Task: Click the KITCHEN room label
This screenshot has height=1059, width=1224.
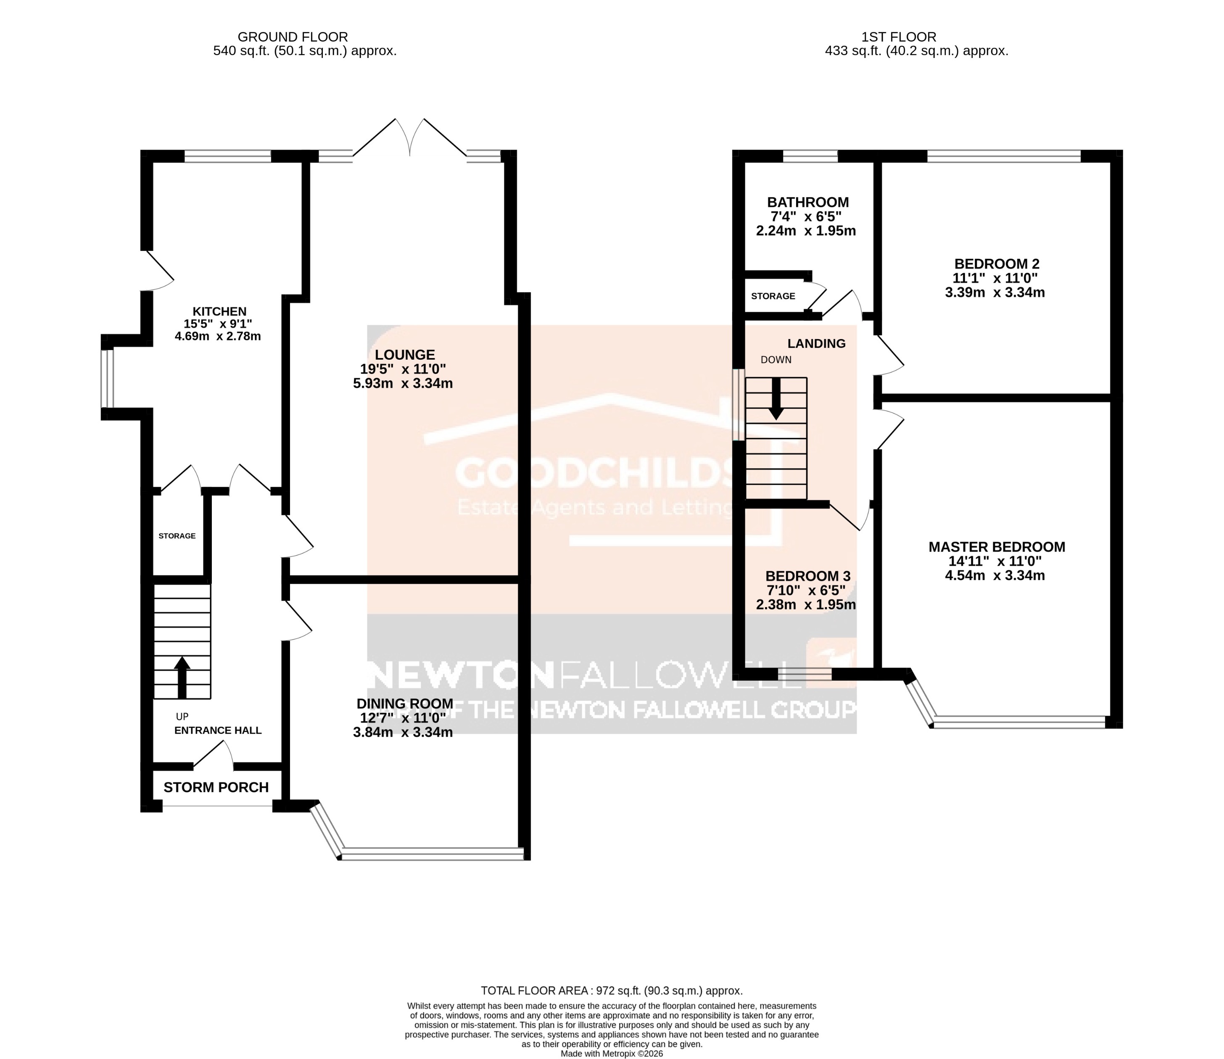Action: pos(219,311)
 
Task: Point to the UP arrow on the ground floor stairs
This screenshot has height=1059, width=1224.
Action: pos(182,676)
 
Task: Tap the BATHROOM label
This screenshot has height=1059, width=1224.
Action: pos(807,202)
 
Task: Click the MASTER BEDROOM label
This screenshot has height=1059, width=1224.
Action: pos(997,547)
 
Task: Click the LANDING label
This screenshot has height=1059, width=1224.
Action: pos(816,343)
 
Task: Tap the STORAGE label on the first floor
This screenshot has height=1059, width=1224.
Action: pos(773,296)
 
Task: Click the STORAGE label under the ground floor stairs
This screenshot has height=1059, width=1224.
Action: pos(177,536)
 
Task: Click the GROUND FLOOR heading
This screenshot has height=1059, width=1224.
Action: pos(293,37)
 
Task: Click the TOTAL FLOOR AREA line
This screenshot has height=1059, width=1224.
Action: pos(612,991)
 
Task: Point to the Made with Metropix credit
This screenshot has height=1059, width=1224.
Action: pos(612,1054)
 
